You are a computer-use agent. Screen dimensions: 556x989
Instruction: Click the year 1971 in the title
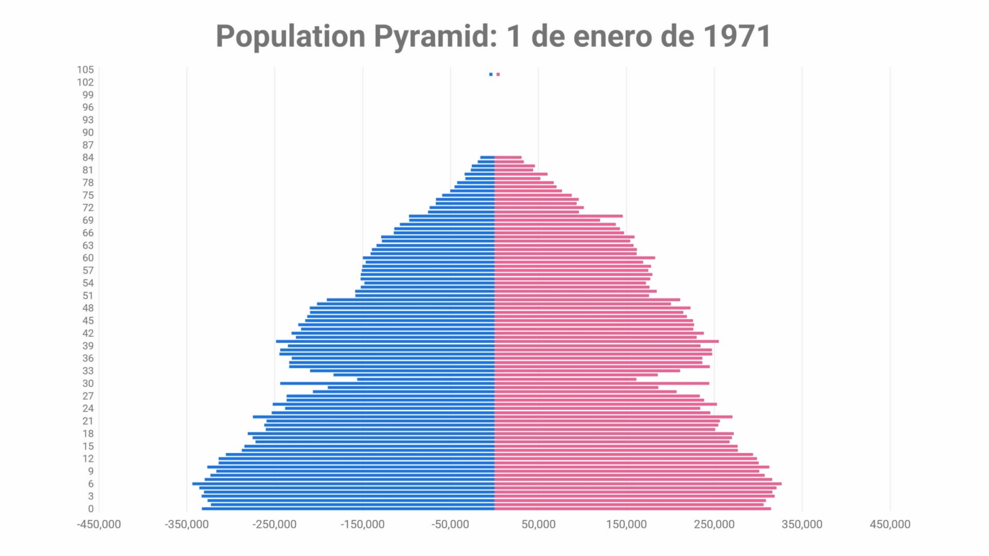[x=737, y=36]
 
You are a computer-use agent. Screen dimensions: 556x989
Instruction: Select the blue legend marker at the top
[x=491, y=75]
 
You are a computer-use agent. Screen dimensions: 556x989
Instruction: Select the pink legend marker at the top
[x=498, y=75]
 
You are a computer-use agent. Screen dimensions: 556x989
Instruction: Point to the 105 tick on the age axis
[x=85, y=69]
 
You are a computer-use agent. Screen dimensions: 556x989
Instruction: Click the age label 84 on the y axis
[x=88, y=158]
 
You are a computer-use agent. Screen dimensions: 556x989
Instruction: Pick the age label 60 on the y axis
[x=88, y=258]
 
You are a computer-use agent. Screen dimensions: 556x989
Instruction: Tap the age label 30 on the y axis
[x=88, y=384]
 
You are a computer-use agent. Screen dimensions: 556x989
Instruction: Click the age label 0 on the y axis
[x=91, y=509]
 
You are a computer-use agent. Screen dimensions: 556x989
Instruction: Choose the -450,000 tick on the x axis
[x=99, y=524]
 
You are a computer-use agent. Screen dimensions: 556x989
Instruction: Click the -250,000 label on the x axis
[x=275, y=524]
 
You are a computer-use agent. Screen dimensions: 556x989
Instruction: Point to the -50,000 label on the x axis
[x=451, y=524]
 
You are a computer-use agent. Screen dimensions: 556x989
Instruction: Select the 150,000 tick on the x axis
[x=626, y=524]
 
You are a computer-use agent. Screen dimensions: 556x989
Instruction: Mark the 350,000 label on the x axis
[x=802, y=524]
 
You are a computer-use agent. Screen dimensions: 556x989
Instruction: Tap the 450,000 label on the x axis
[x=890, y=524]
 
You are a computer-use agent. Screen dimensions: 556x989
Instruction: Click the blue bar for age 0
[x=348, y=509]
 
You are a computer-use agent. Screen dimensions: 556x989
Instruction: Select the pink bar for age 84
[x=508, y=157]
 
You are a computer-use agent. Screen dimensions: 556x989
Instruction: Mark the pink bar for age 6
[x=637, y=484]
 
